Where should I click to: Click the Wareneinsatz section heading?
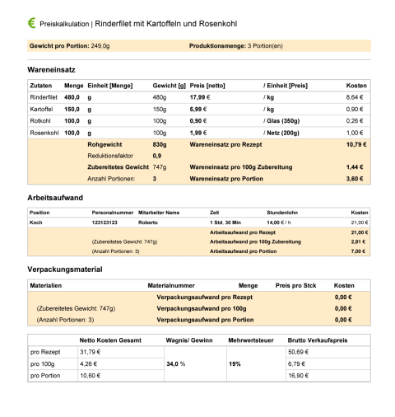[53, 71]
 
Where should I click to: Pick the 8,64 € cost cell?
[355, 97]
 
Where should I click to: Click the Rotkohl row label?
[40, 120]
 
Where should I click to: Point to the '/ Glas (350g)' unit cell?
[285, 120]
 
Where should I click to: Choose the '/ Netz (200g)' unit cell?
[285, 132]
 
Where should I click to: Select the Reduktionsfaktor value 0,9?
[157, 155]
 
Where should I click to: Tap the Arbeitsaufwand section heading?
[55, 199]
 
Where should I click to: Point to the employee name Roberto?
[148, 223]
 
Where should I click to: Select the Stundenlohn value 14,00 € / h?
[283, 223]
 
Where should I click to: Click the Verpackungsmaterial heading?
[65, 269]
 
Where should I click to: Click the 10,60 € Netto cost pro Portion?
[90, 375]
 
